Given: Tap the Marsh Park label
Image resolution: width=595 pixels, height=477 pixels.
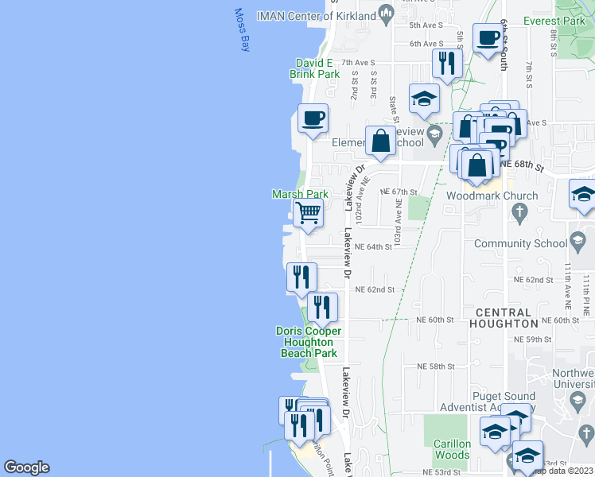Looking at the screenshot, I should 300,194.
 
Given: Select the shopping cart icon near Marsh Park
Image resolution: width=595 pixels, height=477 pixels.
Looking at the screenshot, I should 308,213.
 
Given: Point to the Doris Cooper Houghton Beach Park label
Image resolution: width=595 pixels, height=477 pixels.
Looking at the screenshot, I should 309,342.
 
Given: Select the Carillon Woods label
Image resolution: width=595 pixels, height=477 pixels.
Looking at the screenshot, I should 452,449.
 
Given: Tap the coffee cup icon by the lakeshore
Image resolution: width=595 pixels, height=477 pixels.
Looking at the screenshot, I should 313,118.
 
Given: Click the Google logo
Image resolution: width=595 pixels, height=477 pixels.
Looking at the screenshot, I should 26,467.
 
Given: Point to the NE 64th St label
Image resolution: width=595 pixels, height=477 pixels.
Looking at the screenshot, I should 374,247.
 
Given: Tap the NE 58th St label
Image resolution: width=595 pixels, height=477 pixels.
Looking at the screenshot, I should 436,366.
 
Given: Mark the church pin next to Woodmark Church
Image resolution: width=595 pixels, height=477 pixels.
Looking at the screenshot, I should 519,212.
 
